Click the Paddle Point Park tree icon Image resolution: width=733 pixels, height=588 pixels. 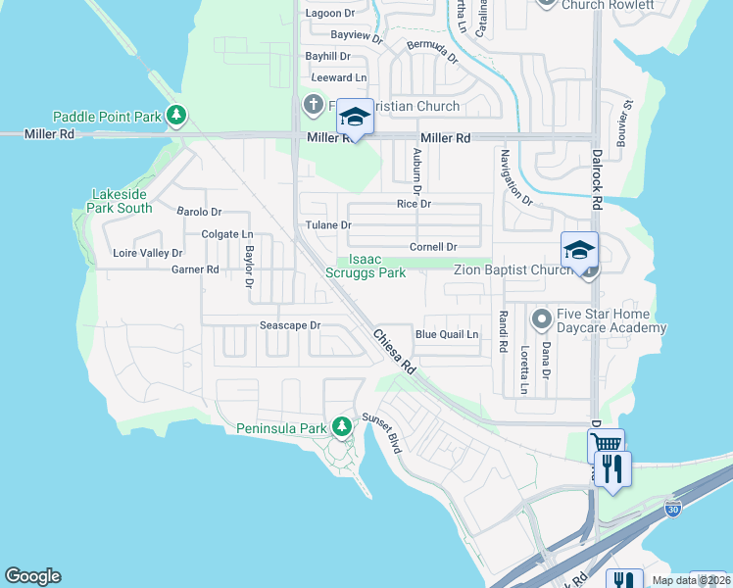pos(176,117)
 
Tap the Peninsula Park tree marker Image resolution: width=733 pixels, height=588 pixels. pos(341,427)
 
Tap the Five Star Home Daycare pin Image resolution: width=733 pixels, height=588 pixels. pos(540,319)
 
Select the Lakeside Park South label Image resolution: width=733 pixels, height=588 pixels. pos(122,201)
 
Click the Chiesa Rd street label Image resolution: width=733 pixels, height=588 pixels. pos(394,351)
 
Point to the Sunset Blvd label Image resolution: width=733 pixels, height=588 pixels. pos(382,432)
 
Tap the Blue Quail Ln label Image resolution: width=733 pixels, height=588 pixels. pos(446,334)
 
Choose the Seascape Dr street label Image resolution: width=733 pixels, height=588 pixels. pos(290,324)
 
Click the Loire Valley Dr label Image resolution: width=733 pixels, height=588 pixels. pos(148,253)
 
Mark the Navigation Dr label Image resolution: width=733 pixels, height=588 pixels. pos(514,177)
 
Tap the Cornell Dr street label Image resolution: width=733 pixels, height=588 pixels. pos(433,247)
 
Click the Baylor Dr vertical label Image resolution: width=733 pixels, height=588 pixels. pos(249,267)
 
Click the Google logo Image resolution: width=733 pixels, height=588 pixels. pos(32,576)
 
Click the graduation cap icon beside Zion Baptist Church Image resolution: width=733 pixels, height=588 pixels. pos(579,249)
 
